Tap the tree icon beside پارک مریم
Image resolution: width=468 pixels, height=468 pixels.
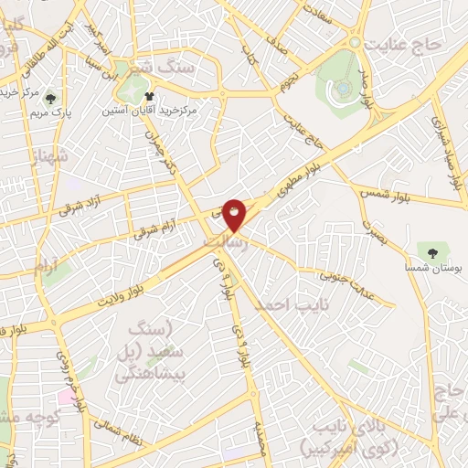pyautogui.click(x=50, y=100)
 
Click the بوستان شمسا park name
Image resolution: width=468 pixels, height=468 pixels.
pyautogui.click(x=432, y=266)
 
